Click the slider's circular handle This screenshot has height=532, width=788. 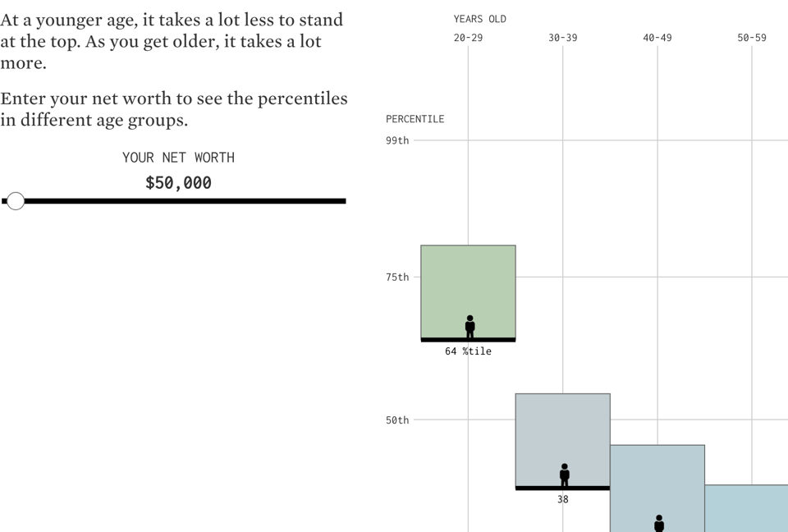tap(16, 201)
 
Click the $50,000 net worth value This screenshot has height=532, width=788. tap(178, 183)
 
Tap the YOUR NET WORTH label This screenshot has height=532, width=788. tap(178, 158)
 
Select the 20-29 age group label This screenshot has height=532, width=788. tap(468, 38)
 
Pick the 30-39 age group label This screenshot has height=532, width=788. tap(562, 38)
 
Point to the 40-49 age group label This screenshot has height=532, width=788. tap(657, 38)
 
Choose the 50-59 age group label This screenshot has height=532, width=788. tap(751, 38)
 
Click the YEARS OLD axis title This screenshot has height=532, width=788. tap(479, 19)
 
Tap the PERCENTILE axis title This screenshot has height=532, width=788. tap(415, 119)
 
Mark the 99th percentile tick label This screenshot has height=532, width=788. tap(397, 140)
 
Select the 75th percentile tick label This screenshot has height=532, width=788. tap(397, 277)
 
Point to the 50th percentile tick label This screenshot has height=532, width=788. tap(397, 420)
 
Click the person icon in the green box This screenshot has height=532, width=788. tap(470, 326)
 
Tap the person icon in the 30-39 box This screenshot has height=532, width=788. tap(564, 475)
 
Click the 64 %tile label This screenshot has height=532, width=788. tap(468, 351)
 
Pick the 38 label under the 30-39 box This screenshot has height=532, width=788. tap(562, 499)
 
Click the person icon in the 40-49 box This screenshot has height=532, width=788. tap(658, 523)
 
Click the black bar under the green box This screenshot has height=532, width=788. tap(468, 339)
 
